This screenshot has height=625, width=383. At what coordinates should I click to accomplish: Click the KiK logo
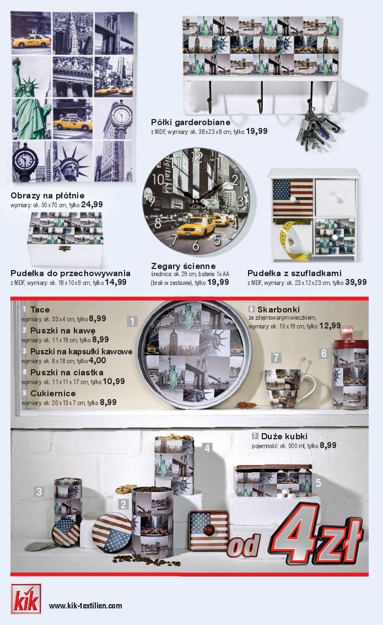pyautogui.click(x=26, y=599)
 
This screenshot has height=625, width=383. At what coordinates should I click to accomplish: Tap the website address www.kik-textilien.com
pyautogui.click(x=85, y=606)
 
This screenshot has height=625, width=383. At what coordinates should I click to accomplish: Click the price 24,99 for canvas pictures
pyautogui.click(x=92, y=204)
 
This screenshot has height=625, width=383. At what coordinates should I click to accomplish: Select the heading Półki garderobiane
pyautogui.click(x=191, y=122)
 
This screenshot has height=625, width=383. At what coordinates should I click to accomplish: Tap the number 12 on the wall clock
pyautogui.click(x=197, y=158)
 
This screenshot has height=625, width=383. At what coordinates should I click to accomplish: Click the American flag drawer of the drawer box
pyautogui.click(x=293, y=197)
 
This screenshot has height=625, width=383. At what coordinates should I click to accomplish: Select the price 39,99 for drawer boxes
pyautogui.click(x=356, y=282)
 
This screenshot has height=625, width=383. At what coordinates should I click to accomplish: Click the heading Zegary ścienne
pyautogui.click(x=184, y=266)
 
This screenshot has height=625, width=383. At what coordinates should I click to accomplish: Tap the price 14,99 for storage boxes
pyautogui.click(x=116, y=282)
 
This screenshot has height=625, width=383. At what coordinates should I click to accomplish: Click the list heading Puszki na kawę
pyautogui.click(x=63, y=331)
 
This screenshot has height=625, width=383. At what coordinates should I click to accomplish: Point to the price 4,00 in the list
pyautogui.click(x=98, y=360)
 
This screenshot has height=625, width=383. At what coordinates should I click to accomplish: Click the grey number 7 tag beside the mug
pyautogui.click(x=276, y=358)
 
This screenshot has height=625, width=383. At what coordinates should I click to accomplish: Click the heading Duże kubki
pyautogui.click(x=284, y=436)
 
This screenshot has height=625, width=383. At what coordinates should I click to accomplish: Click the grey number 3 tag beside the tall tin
pyautogui.click(x=39, y=492)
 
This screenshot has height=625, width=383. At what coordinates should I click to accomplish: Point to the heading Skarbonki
pyautogui.click(x=278, y=309)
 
